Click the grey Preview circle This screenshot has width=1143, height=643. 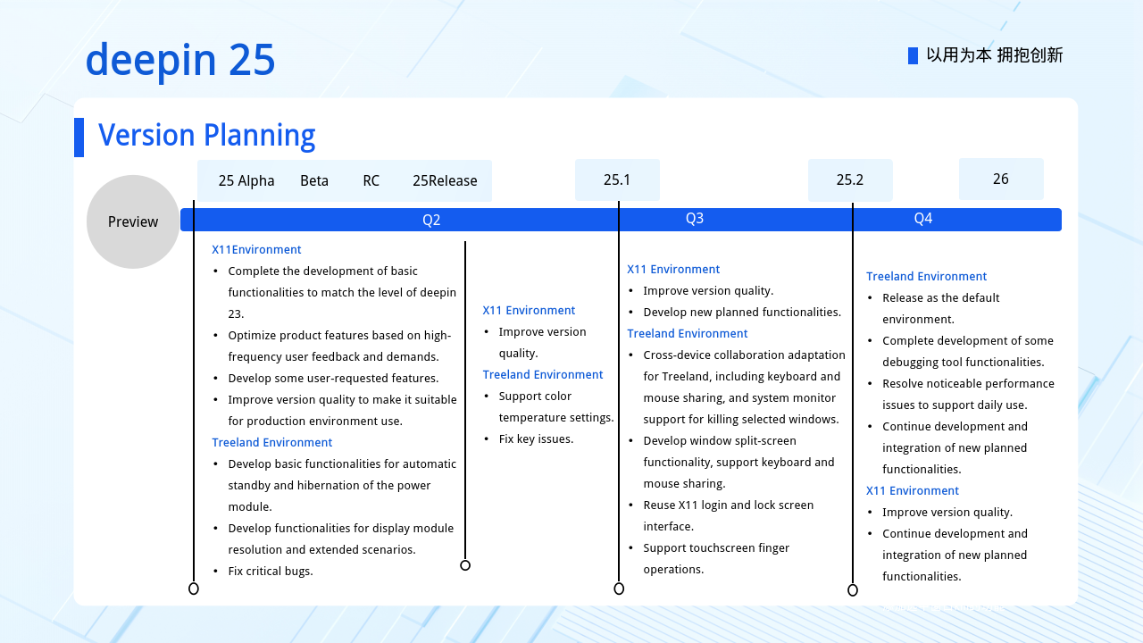(133, 221)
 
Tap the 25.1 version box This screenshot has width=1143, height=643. (617, 180)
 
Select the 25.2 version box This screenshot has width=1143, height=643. (850, 180)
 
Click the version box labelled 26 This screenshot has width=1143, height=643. (1001, 179)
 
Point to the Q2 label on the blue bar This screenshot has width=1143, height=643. (431, 220)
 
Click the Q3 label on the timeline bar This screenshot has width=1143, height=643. (695, 219)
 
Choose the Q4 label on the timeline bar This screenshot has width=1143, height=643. (923, 219)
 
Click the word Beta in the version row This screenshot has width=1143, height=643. (314, 180)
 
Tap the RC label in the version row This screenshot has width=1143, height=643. (371, 180)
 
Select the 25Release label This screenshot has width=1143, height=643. (445, 180)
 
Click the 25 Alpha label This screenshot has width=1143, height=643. (246, 180)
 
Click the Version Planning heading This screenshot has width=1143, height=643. (206, 135)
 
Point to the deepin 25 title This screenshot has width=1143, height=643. (180, 60)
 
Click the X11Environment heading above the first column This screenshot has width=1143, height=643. (256, 249)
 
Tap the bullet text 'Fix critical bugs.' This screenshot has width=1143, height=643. (271, 571)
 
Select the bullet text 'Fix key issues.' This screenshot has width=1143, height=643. (537, 438)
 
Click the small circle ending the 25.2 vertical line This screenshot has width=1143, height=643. (853, 590)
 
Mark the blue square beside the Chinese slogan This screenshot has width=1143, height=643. (913, 55)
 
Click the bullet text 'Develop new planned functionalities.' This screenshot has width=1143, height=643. (742, 312)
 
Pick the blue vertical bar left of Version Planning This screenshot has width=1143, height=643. (79, 138)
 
